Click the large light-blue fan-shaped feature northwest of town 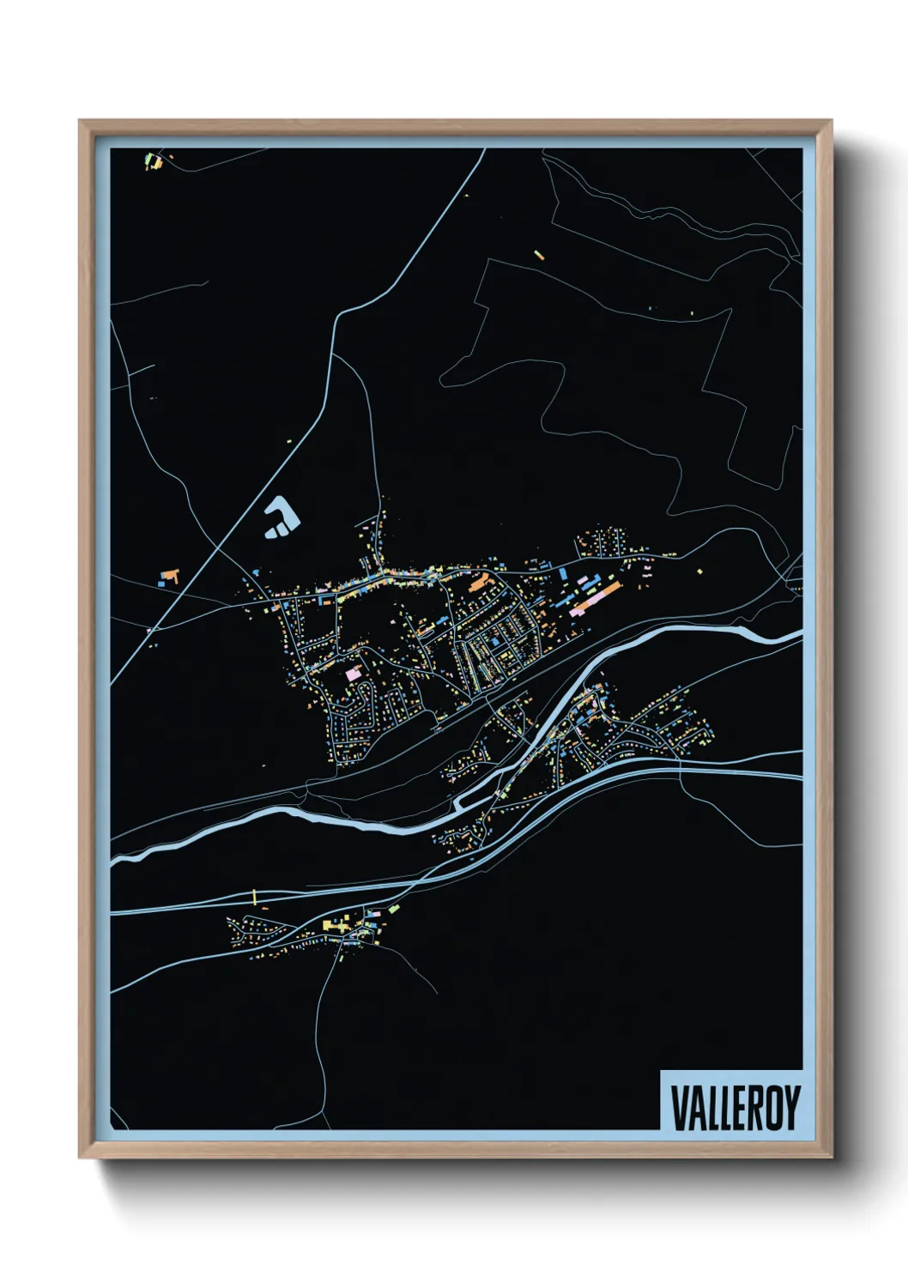pos(282,517)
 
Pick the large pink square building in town pos(353,674)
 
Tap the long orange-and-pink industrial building pos(596,600)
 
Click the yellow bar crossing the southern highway pos(255,897)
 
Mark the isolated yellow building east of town pos(700,569)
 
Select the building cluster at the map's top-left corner pos(154,160)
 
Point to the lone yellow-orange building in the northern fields pos(539,254)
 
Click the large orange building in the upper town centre pos(477,583)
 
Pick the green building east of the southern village pos(393,908)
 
